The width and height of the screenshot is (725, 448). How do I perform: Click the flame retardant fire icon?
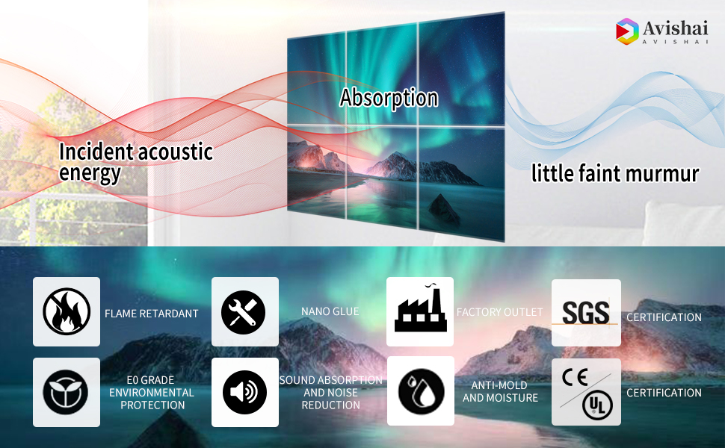[67, 312]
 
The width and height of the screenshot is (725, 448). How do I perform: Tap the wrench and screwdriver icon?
[243, 312]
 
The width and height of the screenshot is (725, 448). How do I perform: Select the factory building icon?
[420, 308]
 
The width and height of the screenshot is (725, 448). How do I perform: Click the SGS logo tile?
[586, 313]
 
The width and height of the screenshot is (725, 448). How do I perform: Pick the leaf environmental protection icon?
[66, 392]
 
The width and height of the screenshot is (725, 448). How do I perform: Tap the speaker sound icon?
[244, 392]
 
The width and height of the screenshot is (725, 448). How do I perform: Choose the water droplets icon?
[421, 391]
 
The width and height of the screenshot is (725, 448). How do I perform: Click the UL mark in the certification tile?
[597, 405]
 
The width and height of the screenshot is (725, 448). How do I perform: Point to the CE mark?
[575, 377]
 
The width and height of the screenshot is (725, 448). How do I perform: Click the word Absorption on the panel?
[389, 99]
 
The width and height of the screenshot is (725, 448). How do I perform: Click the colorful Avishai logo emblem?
[627, 31]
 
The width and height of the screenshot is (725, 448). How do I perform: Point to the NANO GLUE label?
[330, 311]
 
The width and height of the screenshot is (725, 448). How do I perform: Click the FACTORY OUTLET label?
[499, 312]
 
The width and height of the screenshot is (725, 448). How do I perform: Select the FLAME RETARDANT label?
[151, 314]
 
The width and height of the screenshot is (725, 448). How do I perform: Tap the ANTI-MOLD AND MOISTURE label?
[500, 392]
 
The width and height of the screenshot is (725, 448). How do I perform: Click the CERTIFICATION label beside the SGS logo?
[664, 317]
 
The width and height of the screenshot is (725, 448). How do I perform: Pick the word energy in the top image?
[90, 173]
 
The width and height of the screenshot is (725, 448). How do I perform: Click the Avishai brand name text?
[675, 28]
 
